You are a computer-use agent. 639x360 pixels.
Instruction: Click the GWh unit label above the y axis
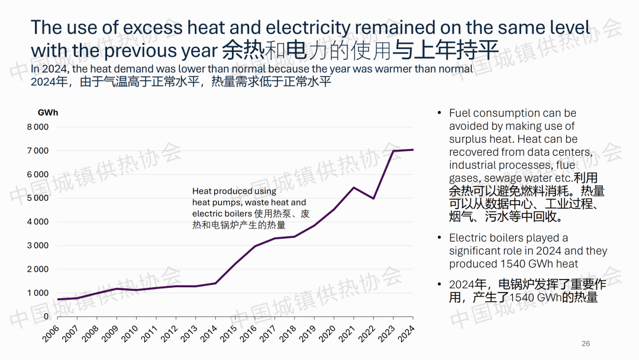[x=47, y=112]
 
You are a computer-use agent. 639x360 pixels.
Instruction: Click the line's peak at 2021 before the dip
[x=353, y=188]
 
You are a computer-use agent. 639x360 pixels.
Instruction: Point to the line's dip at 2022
[x=373, y=198]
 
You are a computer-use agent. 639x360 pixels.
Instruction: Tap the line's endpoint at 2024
[x=413, y=150]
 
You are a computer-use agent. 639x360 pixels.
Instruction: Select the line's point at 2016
[x=255, y=246]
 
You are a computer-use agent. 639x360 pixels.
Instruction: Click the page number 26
[x=586, y=343]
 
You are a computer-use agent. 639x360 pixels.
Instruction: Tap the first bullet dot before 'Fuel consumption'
[x=438, y=113]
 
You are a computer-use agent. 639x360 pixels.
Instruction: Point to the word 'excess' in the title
[x=152, y=27]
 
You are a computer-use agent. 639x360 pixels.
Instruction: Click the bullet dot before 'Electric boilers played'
[x=438, y=238]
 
